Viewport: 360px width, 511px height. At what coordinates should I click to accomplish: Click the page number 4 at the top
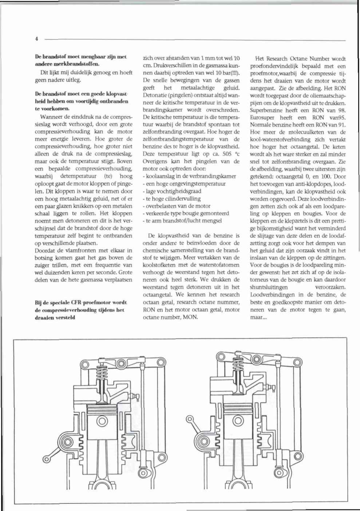[37, 38]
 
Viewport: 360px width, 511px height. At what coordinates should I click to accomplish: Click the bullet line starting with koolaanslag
[190, 176]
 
